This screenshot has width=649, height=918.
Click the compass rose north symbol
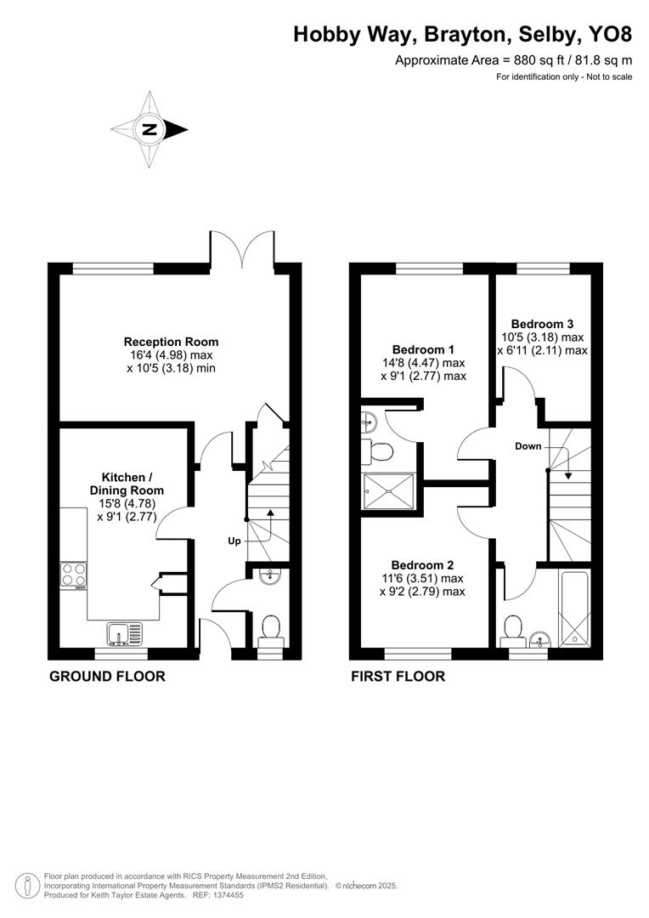pos(150,130)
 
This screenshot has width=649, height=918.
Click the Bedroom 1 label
pos(423,349)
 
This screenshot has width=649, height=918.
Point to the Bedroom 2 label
pos(422,565)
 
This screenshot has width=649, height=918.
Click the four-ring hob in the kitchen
pos(73,575)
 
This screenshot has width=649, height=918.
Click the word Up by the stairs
pos(233,541)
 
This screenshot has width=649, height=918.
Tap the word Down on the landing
pos(528,446)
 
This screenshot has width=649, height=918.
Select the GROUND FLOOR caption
pos(107,677)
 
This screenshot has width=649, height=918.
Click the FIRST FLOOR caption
pos(398,677)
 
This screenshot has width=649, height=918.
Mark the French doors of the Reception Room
pos(243,249)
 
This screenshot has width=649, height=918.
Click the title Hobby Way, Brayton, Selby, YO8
pos(463,34)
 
